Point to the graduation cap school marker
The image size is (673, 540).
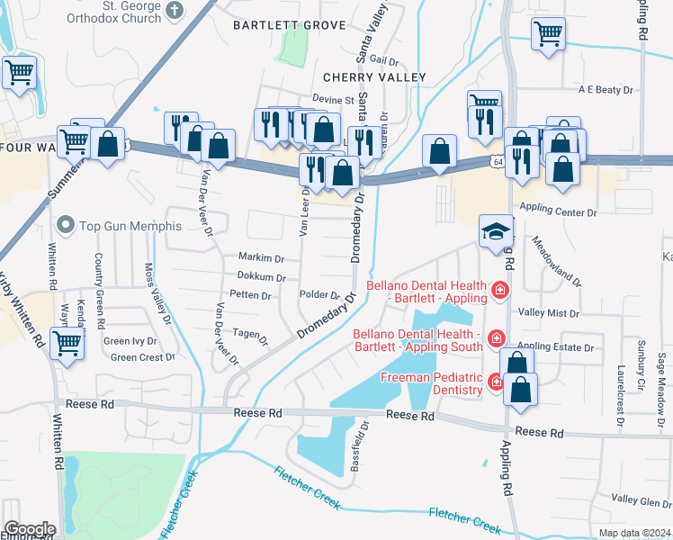coord(495,231)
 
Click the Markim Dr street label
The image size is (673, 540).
coord(261,256)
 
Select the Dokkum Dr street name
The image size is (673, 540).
coord(261,278)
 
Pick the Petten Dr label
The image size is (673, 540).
coord(250,295)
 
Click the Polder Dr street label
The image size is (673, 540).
coord(319,295)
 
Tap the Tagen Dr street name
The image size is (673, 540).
coord(250,335)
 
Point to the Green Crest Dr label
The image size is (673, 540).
coord(142,357)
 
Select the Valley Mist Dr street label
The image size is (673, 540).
coord(549,312)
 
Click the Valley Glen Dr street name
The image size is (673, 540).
coord(641,499)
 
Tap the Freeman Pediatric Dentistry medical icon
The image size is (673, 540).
coord(495,383)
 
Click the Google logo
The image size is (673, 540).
coord(30,528)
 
